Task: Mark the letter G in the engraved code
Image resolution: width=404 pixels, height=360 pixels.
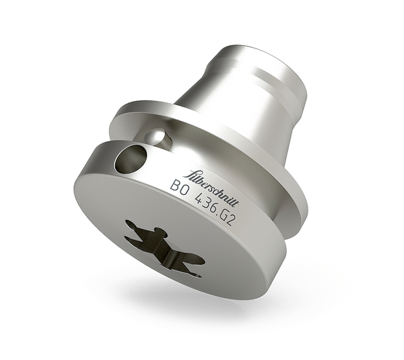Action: point(222,215)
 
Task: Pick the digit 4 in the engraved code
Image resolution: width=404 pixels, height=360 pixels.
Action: point(195,199)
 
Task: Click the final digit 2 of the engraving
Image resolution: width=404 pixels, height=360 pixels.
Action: point(230,219)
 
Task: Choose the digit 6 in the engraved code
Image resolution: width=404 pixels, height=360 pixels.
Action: point(209,207)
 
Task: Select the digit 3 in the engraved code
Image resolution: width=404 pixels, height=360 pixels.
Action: point(202,203)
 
